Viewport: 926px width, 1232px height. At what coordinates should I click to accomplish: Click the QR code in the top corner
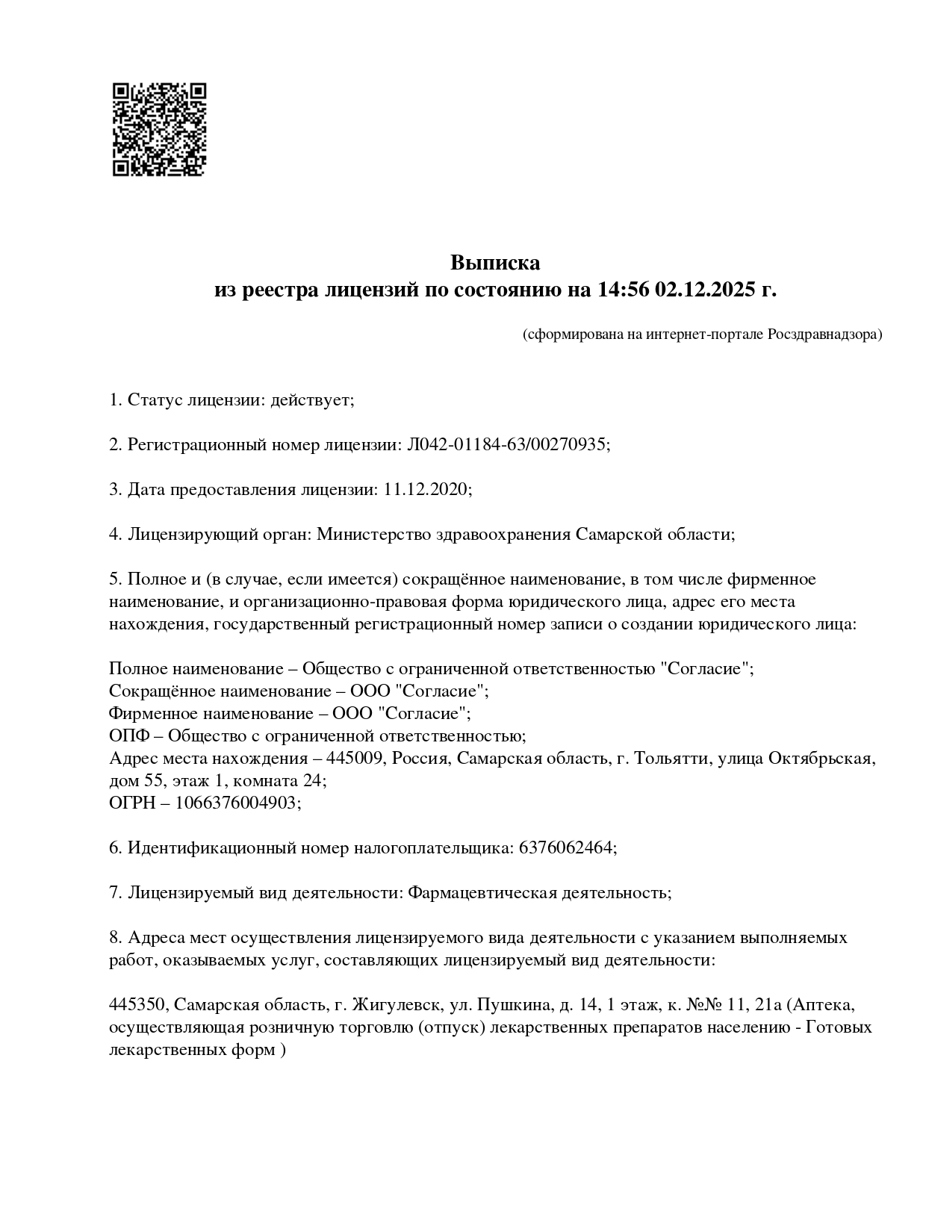click(x=159, y=129)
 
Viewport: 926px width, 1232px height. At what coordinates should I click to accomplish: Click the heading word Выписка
click(x=494, y=263)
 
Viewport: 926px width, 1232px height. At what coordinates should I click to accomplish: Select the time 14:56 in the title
click(x=622, y=290)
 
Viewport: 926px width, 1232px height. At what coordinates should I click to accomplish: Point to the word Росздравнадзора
click(x=823, y=335)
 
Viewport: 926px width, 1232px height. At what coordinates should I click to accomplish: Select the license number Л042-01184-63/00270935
click(x=506, y=445)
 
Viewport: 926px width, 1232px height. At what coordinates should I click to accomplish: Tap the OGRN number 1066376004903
click(x=237, y=803)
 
